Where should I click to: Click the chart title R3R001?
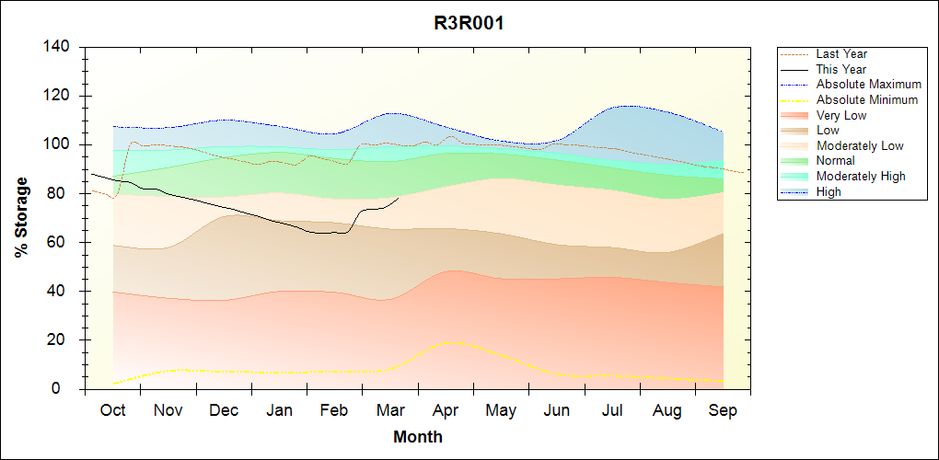click(x=469, y=23)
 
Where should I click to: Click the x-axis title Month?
click(x=418, y=437)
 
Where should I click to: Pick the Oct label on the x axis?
click(x=112, y=410)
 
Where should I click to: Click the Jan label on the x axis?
click(x=279, y=410)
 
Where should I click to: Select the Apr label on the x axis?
click(x=446, y=410)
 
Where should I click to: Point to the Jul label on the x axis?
click(x=612, y=410)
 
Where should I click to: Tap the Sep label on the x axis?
click(x=723, y=410)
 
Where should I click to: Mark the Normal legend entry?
click(x=835, y=160)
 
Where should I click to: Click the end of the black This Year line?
click(x=399, y=198)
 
